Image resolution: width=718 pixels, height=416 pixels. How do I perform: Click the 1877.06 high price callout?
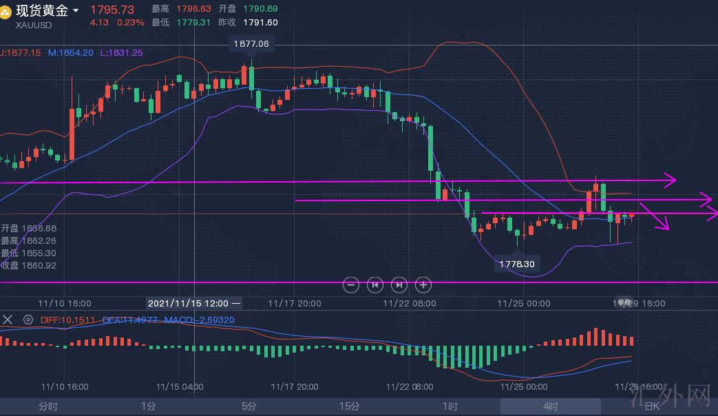[x=251, y=43]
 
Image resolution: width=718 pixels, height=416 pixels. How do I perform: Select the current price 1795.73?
[x=112, y=10]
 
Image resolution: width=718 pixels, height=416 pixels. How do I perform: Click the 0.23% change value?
[x=131, y=23]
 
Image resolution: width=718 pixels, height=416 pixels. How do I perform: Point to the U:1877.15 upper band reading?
[x=21, y=52]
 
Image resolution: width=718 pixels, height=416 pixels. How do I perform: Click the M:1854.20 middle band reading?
[x=71, y=52]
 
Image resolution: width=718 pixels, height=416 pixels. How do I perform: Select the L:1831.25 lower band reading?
[x=122, y=52]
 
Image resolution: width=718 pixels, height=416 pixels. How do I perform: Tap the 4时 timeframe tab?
[x=551, y=406]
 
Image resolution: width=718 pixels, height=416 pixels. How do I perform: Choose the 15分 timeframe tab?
[x=350, y=406]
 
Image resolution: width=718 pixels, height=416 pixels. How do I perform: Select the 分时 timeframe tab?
[x=48, y=406]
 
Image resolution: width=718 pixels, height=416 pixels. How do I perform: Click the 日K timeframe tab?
[x=651, y=406]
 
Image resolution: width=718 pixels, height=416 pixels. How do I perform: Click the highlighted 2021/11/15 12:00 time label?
[x=193, y=302]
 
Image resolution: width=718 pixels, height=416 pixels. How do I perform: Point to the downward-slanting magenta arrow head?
[x=663, y=225]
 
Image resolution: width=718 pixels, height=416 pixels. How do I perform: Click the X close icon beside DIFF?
[x=8, y=320]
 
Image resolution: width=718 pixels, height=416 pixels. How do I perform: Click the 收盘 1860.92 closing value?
[x=29, y=265]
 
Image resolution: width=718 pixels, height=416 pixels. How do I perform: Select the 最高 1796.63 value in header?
[x=182, y=9]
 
